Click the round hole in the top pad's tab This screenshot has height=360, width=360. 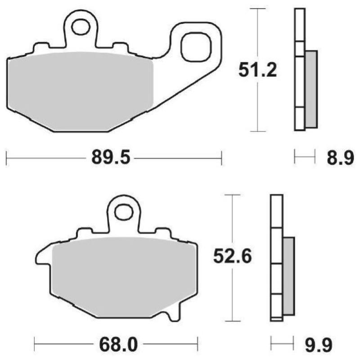(x=81, y=26)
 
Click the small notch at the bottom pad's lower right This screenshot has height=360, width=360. (x=173, y=315)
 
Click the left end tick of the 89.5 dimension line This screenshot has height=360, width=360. (x=7, y=159)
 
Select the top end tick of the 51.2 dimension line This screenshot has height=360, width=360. (x=257, y=9)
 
